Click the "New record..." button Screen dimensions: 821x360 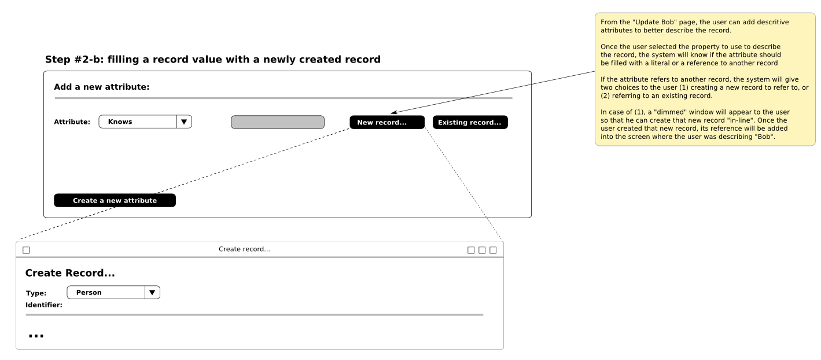[387, 122]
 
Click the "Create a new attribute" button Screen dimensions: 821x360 [115, 200]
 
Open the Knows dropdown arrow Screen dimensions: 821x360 [184, 122]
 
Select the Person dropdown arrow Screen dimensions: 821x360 [152, 292]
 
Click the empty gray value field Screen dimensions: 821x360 [278, 122]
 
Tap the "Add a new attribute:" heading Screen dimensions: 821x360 [101, 87]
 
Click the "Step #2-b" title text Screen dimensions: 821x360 [212, 60]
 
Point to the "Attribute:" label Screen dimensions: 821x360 [72, 122]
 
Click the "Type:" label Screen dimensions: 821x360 [36, 293]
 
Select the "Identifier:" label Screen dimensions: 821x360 [43, 305]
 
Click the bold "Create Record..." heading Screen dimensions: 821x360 [70, 273]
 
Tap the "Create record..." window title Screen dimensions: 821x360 [245, 249]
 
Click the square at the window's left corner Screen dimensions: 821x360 [26, 250]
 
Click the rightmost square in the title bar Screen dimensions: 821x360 [493, 250]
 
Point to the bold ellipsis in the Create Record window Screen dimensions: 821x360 [36, 336]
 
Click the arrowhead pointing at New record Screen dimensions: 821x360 [393, 112]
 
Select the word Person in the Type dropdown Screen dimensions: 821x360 [89, 292]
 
